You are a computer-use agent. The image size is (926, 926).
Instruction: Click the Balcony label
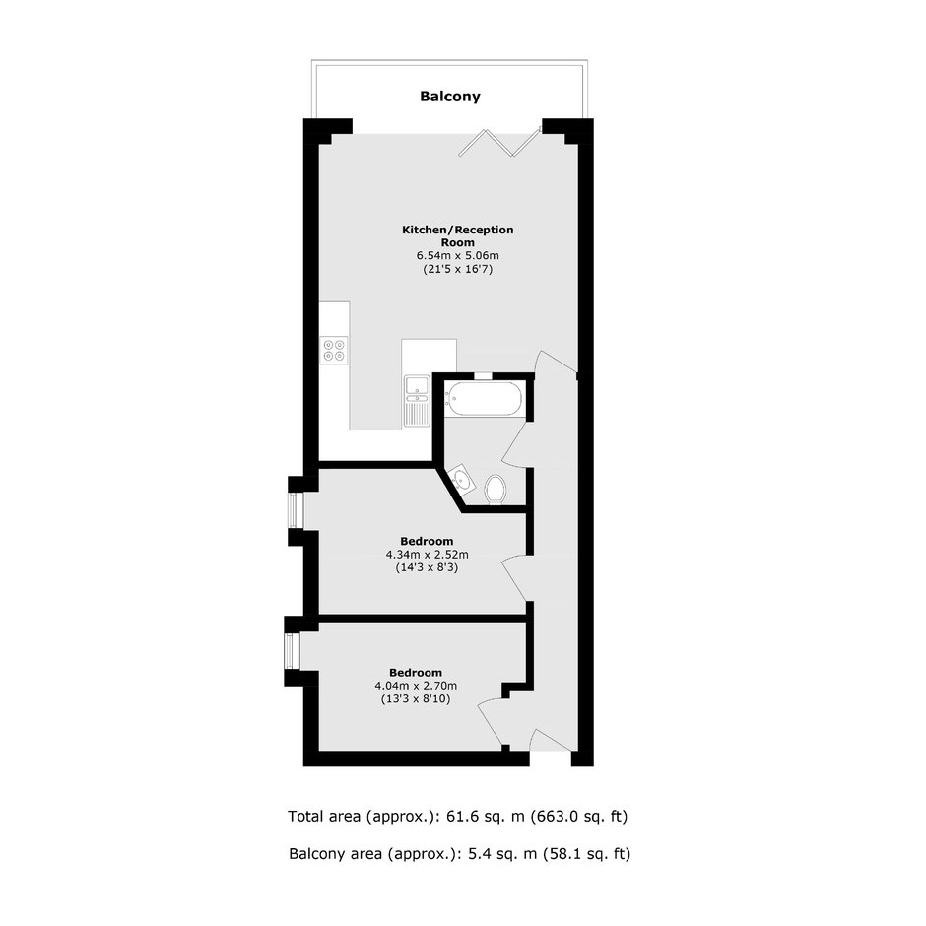click(450, 97)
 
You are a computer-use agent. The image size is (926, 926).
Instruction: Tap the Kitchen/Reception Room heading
click(458, 235)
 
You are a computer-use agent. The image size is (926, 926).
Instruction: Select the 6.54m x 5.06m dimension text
click(458, 256)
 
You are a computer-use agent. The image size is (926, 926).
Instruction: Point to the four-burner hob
click(334, 350)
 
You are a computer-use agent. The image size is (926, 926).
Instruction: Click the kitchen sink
click(417, 400)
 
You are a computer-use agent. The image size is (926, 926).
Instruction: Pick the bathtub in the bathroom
click(484, 399)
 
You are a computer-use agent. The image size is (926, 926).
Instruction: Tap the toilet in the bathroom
click(496, 491)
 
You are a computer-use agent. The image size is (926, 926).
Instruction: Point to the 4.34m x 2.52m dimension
click(427, 555)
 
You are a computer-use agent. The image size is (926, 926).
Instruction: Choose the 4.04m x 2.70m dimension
click(416, 686)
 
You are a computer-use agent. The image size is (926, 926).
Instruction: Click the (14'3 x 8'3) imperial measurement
click(427, 568)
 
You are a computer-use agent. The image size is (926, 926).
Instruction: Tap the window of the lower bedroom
click(292, 652)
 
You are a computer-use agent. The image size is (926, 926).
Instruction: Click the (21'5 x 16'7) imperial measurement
click(458, 269)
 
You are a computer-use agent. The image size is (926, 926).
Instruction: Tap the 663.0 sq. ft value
click(579, 817)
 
